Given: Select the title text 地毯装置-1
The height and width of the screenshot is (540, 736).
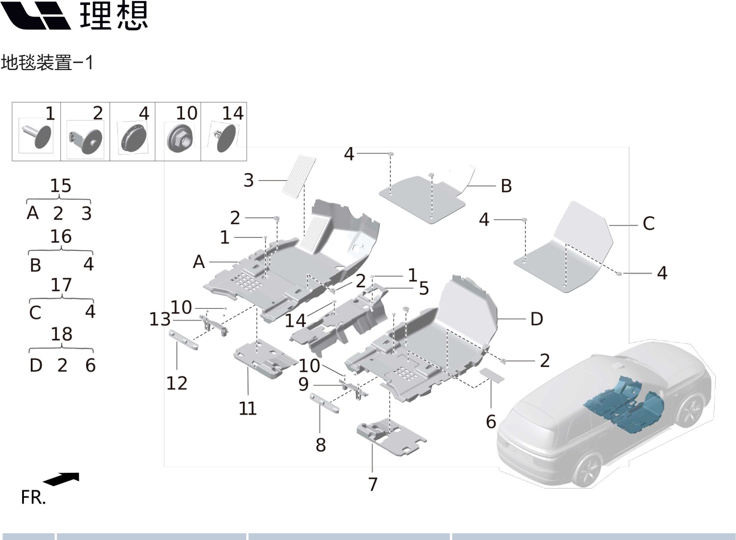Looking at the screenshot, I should (47, 63).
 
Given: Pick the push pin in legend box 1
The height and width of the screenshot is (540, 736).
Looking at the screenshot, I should (38, 135).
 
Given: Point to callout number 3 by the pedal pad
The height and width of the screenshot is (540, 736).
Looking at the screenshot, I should (249, 180).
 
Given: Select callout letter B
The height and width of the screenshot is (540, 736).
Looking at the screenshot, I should (506, 186).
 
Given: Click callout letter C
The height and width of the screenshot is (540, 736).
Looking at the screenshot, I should (648, 223).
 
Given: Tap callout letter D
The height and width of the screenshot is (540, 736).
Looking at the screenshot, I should (537, 319).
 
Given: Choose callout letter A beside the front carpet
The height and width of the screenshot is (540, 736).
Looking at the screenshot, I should (199, 262).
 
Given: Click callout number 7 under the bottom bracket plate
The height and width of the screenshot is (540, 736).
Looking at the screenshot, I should (373, 484).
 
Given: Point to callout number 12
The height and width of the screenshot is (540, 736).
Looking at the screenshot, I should (177, 383).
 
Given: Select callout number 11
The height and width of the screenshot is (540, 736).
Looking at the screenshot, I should (248, 408).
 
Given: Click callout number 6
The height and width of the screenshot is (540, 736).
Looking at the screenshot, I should (491, 421).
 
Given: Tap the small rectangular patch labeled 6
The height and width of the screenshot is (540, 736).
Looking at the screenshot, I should (491, 375).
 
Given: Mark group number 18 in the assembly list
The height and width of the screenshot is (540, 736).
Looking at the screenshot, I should (62, 334).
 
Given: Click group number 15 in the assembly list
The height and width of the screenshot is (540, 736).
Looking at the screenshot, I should (61, 186).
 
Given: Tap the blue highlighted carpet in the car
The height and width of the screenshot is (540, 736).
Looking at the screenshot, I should (626, 402).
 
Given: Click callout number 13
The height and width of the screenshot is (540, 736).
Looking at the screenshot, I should (160, 319).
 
